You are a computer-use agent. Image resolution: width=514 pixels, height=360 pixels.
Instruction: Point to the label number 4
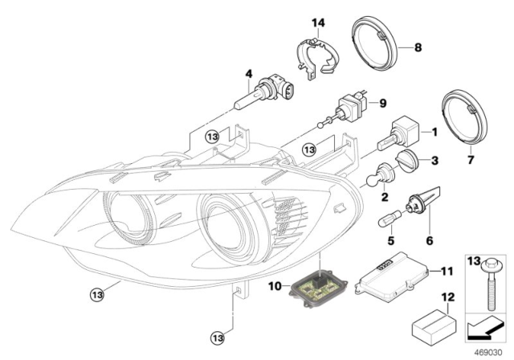(249, 75)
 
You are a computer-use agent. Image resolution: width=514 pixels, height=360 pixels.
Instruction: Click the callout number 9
(382, 103)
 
